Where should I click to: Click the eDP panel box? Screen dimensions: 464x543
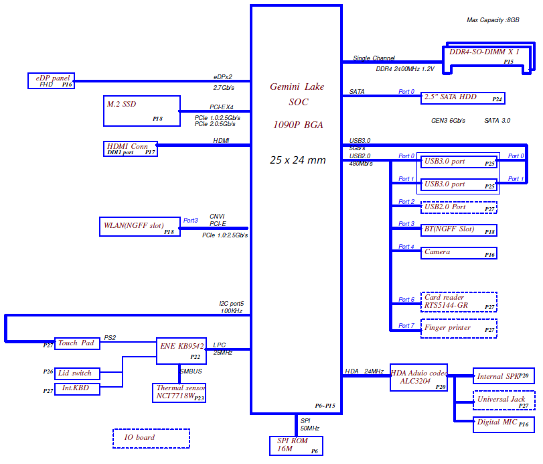51,80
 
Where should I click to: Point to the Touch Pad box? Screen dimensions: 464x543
77,343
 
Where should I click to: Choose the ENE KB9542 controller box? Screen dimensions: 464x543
181,351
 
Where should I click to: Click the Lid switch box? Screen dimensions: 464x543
77,373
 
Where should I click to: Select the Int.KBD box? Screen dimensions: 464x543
77,389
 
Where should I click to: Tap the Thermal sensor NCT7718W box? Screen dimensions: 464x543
179,392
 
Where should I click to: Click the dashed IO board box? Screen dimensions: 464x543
151,438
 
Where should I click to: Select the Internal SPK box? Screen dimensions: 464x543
503,376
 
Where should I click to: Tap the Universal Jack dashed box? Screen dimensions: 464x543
503,400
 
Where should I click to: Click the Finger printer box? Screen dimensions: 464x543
459,329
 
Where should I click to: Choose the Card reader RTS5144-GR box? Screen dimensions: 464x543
459,302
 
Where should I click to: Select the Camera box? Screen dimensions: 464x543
459,253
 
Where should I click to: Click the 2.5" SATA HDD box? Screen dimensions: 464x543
462,97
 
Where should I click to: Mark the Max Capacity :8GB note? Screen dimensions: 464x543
493,20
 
